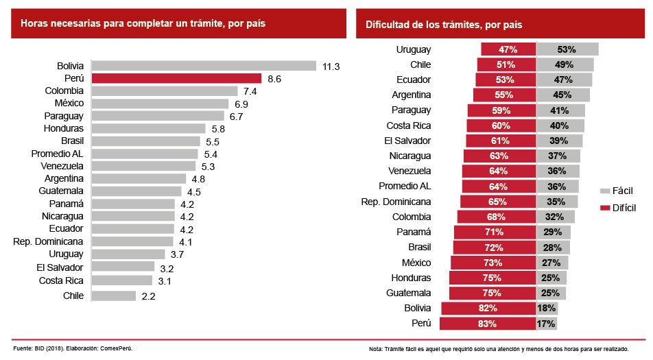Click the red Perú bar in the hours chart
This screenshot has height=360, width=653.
(176, 79)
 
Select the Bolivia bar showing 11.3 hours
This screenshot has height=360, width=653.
(204, 66)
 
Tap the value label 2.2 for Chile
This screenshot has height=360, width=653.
(148, 296)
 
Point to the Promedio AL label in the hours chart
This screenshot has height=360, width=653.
(58, 153)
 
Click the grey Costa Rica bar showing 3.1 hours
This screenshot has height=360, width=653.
(121, 280)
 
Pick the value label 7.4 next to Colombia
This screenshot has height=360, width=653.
(250, 91)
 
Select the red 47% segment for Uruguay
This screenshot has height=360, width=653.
(508, 49)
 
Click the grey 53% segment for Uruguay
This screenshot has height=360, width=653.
(567, 49)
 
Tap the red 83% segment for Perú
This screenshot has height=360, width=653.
(488, 324)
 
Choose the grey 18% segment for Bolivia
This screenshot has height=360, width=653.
(547, 309)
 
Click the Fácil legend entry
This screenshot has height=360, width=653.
(617, 191)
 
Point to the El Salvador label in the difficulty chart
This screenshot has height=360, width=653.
(409, 141)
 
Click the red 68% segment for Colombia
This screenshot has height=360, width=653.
(496, 217)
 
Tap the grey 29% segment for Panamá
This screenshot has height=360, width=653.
(553, 232)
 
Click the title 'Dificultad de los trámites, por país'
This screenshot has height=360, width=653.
(444, 25)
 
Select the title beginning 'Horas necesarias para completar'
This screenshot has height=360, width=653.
(143, 23)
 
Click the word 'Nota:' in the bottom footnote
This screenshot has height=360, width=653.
(376, 349)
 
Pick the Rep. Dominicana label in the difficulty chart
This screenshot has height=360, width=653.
(396, 202)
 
